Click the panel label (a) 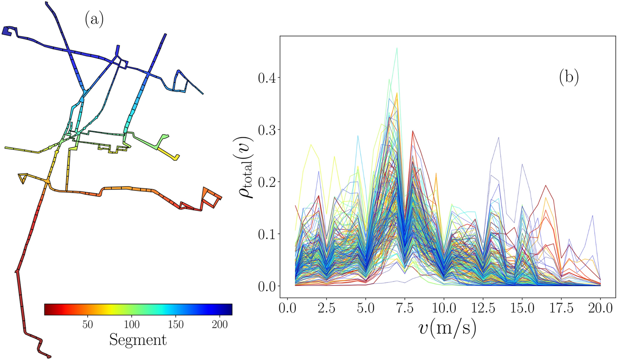point(94,20)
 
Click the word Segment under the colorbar point(138,340)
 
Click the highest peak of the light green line point(397,48)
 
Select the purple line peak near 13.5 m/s point(498,138)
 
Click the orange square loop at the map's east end point(211,197)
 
